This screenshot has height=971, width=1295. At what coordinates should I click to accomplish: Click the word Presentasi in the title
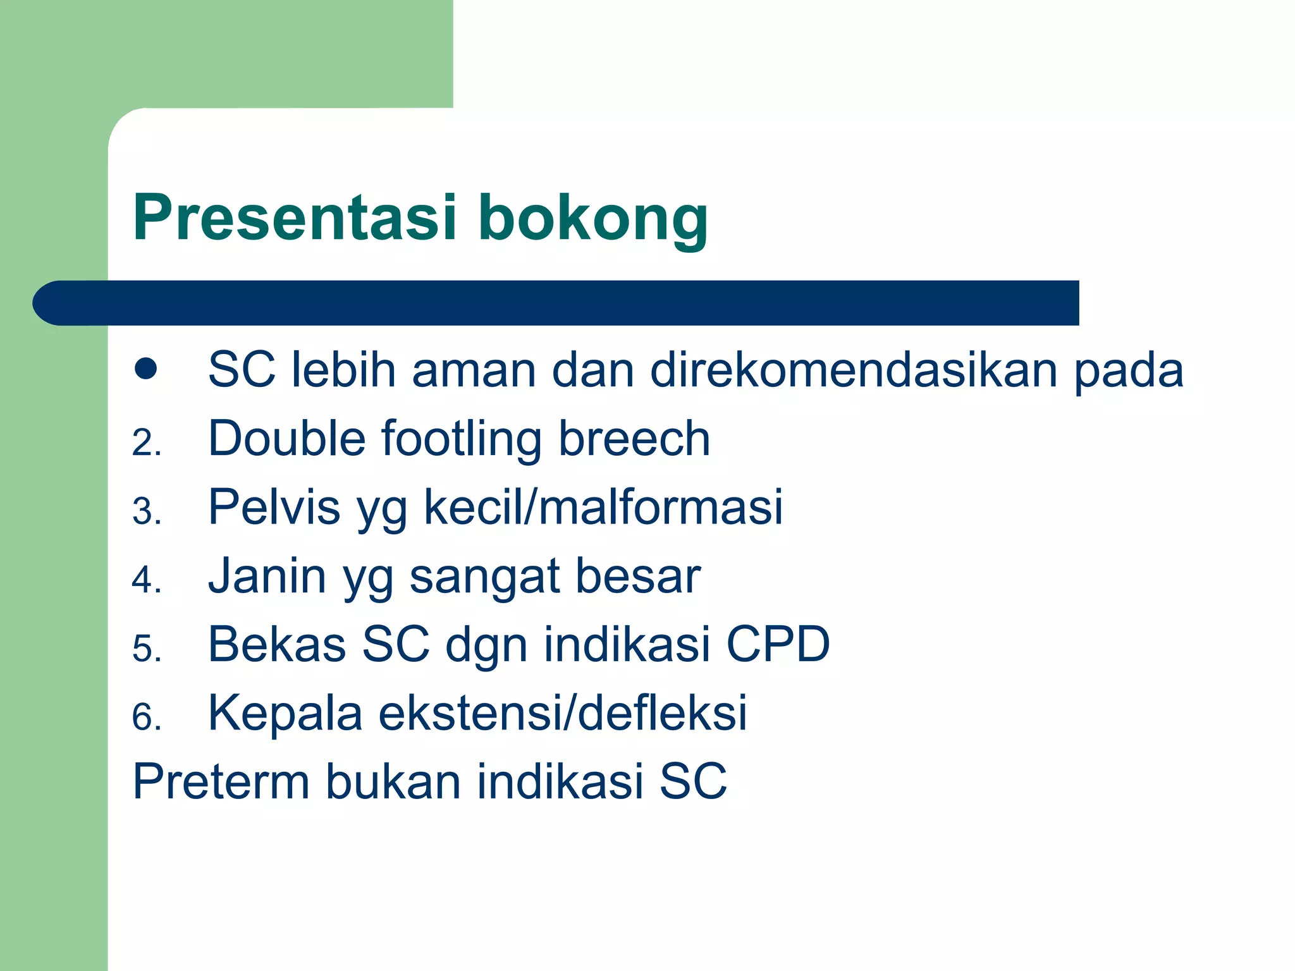[294, 218]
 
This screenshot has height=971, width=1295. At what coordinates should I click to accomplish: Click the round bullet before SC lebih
[145, 369]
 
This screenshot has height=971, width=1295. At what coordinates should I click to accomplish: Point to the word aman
[474, 370]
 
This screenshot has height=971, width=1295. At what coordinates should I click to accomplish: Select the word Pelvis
[274, 507]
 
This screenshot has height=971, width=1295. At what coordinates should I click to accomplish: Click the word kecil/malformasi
[603, 507]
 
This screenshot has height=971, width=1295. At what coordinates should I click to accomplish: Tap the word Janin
[267, 576]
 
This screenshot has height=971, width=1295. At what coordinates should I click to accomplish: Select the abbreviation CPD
[777, 645]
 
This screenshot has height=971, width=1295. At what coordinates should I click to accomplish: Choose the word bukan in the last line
[393, 782]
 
